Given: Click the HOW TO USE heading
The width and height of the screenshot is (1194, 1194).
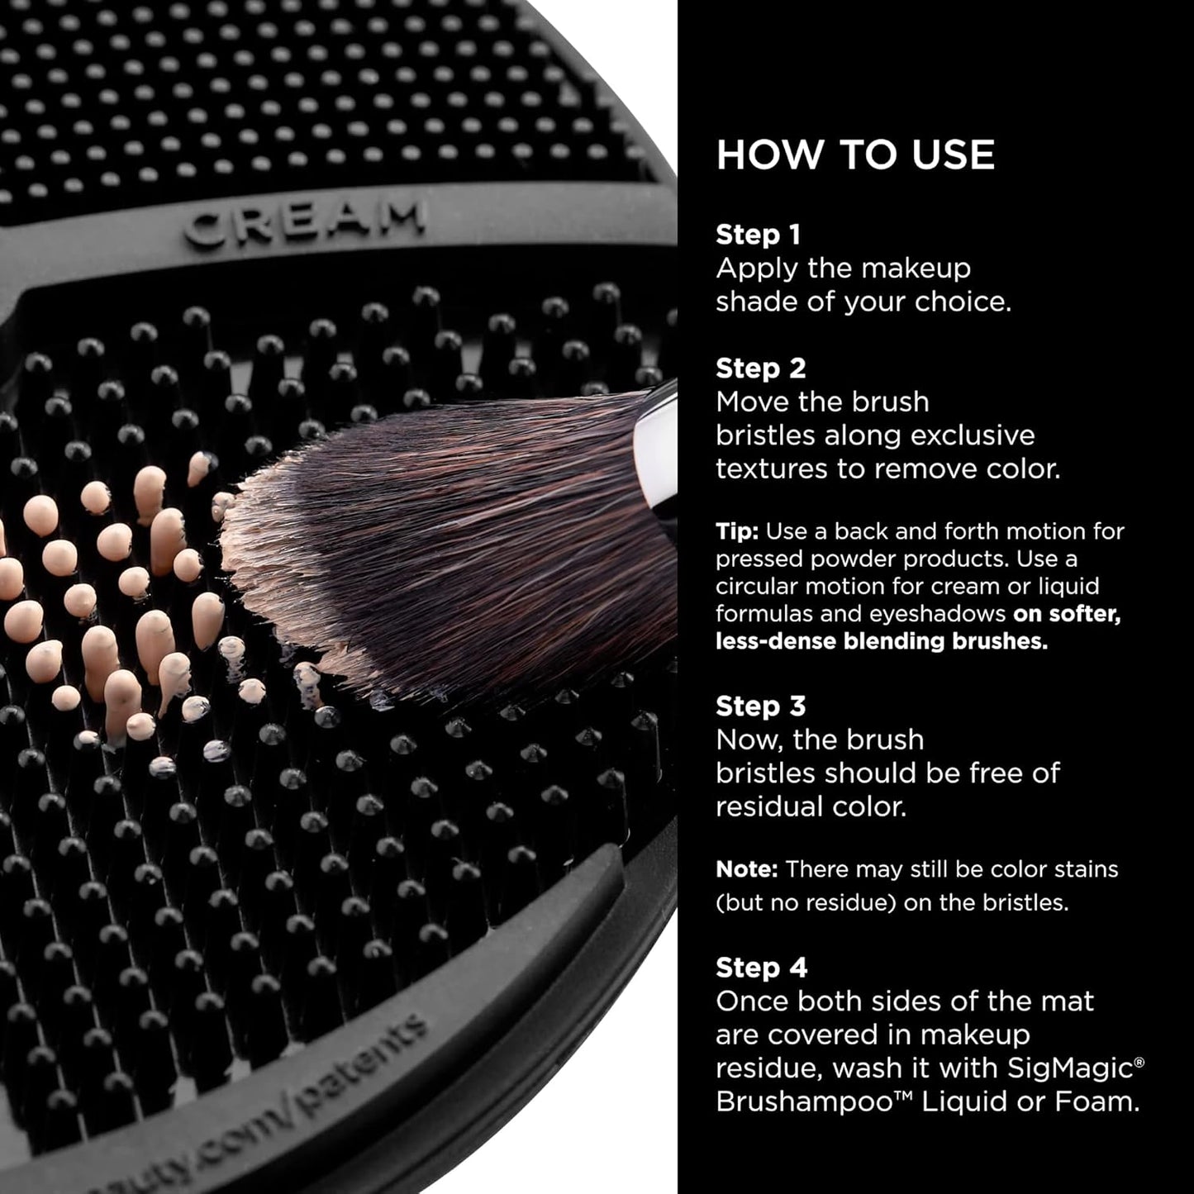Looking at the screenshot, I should tap(855, 155).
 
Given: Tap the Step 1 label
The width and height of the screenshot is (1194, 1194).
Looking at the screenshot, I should tap(758, 235).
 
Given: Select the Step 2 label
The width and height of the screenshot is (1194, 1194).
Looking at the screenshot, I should tap(760, 369).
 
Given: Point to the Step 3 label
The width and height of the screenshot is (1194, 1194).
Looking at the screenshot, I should tap(760, 706).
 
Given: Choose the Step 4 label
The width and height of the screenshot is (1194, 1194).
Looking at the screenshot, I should tap(761, 968).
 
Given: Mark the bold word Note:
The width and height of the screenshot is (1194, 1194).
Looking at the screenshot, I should tap(746, 869).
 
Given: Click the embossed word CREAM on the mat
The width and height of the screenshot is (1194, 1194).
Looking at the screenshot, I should tap(304, 222).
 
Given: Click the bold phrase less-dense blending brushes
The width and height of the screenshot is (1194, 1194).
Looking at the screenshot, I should tap(881, 641).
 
